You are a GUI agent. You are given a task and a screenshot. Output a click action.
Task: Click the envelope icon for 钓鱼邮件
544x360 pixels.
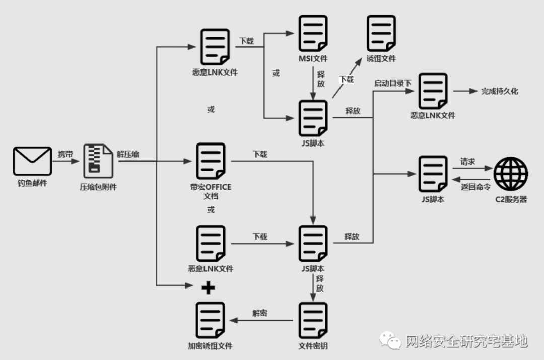click(x=32, y=161)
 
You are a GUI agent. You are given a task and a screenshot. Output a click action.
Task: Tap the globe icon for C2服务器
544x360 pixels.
click(x=511, y=173)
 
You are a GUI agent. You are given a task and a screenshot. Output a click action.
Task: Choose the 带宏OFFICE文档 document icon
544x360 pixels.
click(x=211, y=161)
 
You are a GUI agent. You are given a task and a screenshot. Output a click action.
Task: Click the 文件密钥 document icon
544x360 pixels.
click(x=312, y=320)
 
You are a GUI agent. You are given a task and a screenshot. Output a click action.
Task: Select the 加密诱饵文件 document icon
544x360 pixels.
click(x=211, y=320)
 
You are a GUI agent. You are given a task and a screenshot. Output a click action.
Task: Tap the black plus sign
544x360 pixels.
click(x=208, y=287)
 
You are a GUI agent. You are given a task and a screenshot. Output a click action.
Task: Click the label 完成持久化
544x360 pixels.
click(x=499, y=91)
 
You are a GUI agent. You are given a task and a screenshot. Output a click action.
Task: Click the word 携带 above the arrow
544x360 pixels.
click(x=65, y=154)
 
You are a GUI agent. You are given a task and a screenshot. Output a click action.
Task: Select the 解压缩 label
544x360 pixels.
click(x=128, y=154)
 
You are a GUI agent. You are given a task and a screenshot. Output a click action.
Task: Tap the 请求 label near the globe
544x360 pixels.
click(x=467, y=162)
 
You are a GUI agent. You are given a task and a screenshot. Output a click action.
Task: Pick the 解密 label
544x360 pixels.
click(x=260, y=313)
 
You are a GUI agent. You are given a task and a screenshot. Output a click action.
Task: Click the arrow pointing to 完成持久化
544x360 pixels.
click(x=464, y=91)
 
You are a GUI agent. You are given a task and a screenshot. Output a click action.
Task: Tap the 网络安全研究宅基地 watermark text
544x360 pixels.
click(x=466, y=341)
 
